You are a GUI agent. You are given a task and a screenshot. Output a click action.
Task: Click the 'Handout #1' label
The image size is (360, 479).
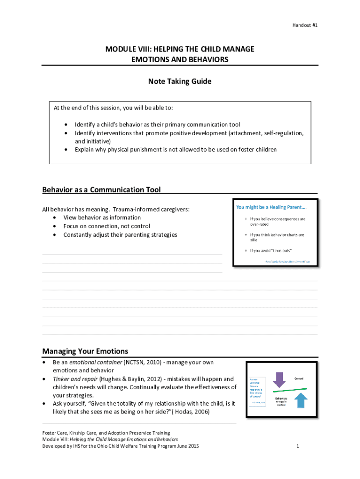[305, 25]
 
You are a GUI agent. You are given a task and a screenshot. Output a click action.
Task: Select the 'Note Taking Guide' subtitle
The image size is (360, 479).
[180, 81]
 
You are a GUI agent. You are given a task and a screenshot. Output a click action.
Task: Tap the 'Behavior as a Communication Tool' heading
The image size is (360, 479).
[101, 189]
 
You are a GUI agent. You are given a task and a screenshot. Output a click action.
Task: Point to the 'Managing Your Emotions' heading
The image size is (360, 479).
[85, 351]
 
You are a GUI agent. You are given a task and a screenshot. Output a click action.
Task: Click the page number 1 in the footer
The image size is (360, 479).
[297, 446]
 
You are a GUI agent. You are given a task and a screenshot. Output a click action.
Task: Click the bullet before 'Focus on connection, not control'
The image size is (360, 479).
[56, 226]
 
